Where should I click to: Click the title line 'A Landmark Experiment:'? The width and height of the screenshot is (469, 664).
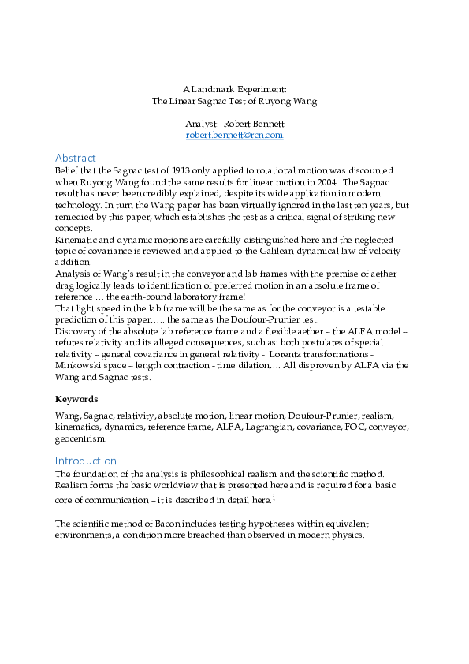point(234,90)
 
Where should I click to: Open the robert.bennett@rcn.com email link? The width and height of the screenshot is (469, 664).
point(234,136)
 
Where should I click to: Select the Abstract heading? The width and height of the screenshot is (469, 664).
point(76,158)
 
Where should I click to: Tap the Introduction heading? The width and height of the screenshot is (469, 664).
point(86,461)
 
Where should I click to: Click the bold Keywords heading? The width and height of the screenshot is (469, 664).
point(76,399)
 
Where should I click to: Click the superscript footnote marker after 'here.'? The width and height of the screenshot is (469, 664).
point(273,498)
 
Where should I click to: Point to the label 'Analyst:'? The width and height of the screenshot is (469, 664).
point(202,125)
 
